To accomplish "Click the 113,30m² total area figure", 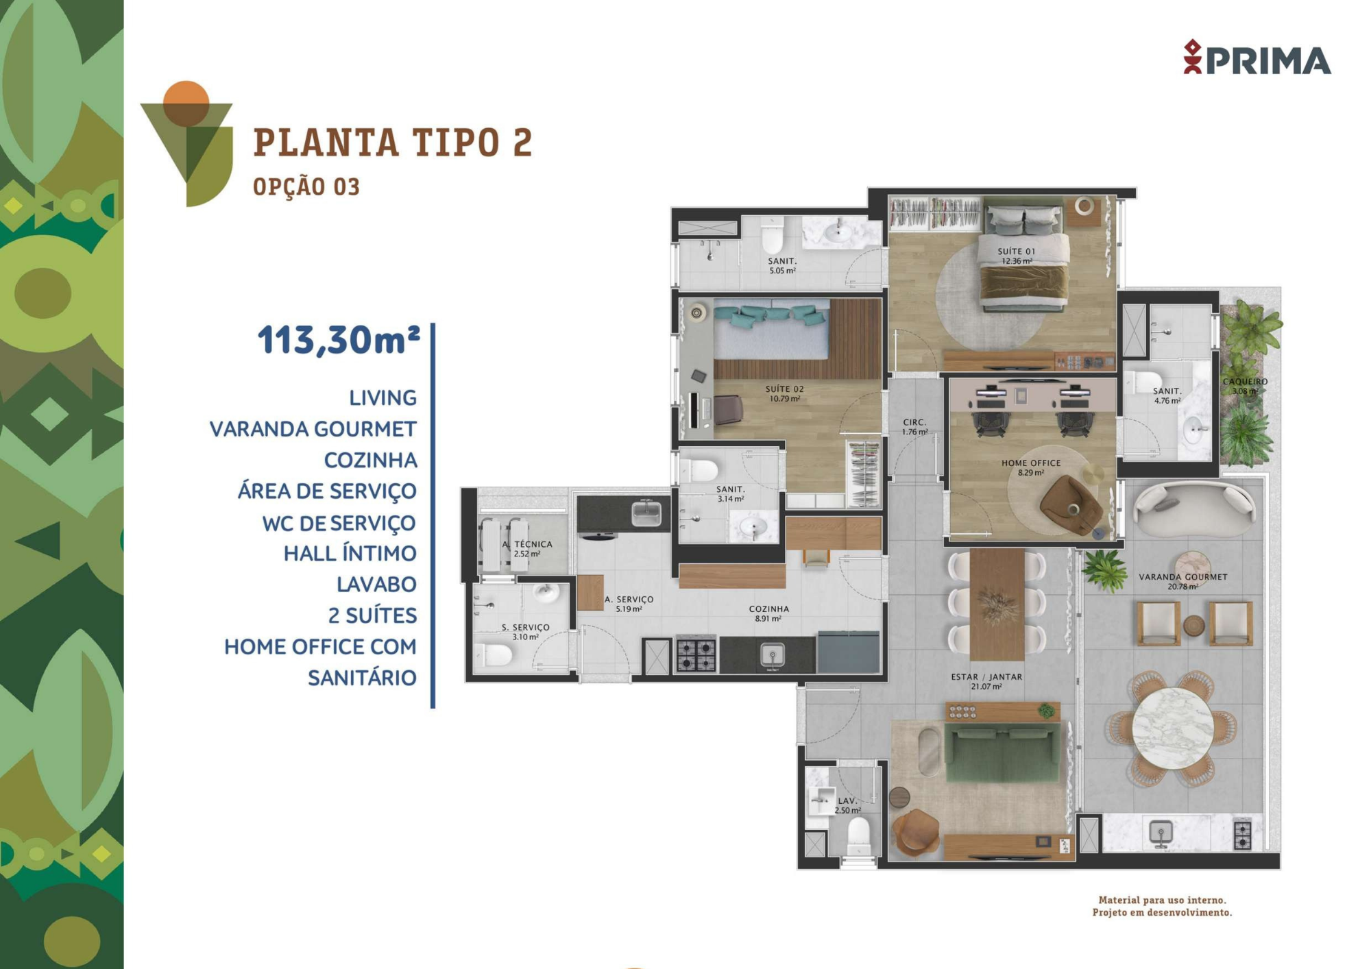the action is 339,340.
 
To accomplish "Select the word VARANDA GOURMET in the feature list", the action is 313,429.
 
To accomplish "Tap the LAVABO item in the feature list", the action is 376,585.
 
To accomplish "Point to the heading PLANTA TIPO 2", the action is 393,143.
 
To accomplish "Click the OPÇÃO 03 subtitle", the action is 306,186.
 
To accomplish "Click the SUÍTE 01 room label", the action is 1017,252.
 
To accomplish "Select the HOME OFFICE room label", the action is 1031,463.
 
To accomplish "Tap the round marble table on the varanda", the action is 1173,729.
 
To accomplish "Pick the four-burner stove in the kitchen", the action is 696,654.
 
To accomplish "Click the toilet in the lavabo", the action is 858,837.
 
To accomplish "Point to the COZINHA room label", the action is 768,609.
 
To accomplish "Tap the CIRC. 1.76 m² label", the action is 914,427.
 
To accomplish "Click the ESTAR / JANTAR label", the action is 986,676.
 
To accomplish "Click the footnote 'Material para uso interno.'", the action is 1163,900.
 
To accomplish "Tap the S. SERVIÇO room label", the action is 526,627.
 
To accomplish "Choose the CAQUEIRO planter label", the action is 1246,382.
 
